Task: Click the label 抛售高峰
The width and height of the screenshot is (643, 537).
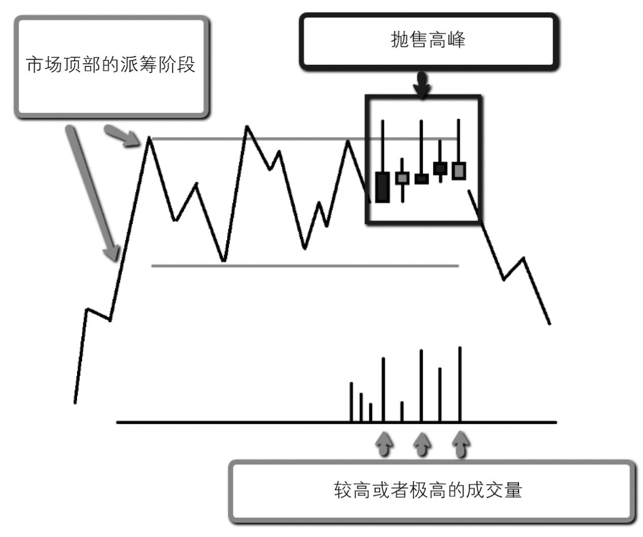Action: click(428, 40)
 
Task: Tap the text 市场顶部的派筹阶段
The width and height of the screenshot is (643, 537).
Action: click(111, 65)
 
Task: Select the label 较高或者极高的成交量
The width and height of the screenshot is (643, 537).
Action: click(428, 490)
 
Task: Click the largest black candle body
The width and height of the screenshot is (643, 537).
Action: click(382, 187)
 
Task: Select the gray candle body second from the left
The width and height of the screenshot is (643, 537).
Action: click(403, 178)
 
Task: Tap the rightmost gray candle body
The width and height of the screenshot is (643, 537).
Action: click(459, 170)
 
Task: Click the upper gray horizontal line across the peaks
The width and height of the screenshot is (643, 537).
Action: click(306, 139)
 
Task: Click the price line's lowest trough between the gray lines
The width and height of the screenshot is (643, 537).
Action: click(224, 261)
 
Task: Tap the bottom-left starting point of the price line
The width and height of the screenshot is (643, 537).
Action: click(75, 402)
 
